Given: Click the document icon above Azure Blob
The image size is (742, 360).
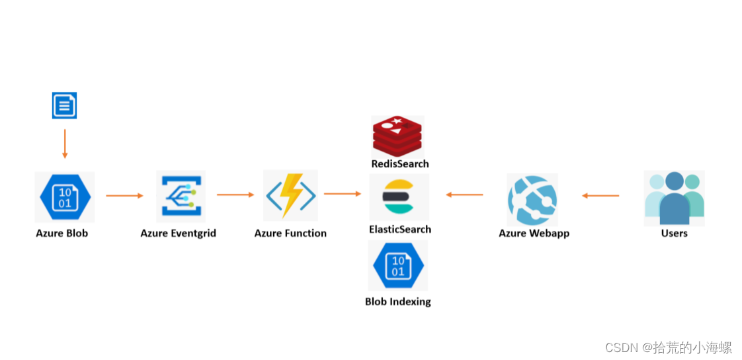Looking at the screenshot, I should [x=64, y=105].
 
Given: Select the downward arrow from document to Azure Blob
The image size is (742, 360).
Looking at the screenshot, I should [x=64, y=144].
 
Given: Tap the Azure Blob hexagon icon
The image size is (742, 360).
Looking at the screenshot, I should [x=64, y=197].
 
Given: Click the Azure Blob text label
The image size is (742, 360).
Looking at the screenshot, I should [x=62, y=233].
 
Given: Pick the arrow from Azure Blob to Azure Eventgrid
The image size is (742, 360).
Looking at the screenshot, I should [x=124, y=195].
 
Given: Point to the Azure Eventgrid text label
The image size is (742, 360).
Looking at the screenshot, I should [x=178, y=233].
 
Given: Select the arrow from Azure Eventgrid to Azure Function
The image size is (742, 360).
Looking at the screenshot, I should [x=235, y=195].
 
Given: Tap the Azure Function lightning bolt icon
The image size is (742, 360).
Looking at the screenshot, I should [x=290, y=195].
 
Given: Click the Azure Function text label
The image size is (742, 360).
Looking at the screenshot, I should [x=290, y=233].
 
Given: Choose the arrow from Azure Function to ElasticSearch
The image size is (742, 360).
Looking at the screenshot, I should [x=343, y=194].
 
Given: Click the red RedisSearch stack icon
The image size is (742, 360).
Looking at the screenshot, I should [x=397, y=136].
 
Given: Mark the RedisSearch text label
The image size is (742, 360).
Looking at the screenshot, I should [x=399, y=163].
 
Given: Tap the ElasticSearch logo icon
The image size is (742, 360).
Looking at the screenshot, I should [x=399, y=197].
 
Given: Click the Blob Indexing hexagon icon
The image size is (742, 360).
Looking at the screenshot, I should [x=397, y=265].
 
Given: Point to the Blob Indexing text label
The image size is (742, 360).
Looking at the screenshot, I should [x=397, y=301].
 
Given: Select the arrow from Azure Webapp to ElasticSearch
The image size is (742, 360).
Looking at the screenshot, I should [x=464, y=195].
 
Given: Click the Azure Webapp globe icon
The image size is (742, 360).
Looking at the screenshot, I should [x=532, y=199].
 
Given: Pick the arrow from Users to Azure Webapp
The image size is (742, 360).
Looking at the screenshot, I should [x=600, y=195].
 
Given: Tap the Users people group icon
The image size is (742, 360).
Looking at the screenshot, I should [x=674, y=198].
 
